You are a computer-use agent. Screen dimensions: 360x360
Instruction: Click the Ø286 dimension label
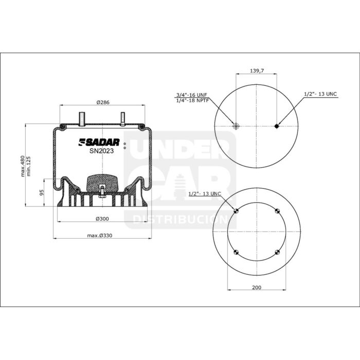(x=103, y=102)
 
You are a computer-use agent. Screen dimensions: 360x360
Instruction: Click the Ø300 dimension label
(x=102, y=219)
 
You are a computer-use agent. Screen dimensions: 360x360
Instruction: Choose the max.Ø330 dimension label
(x=100, y=236)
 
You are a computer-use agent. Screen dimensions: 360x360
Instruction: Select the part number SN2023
(x=102, y=151)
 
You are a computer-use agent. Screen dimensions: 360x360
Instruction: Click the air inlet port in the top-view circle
(x=236, y=126)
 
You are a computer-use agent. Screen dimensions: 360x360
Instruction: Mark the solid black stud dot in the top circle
(x=277, y=126)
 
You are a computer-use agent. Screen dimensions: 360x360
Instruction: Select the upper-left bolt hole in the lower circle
(x=236, y=211)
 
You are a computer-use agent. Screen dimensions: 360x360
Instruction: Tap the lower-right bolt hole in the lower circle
(x=277, y=251)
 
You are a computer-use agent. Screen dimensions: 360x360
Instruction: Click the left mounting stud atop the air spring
(x=81, y=118)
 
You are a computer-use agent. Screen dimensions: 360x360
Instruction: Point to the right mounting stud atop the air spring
(x=123, y=118)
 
